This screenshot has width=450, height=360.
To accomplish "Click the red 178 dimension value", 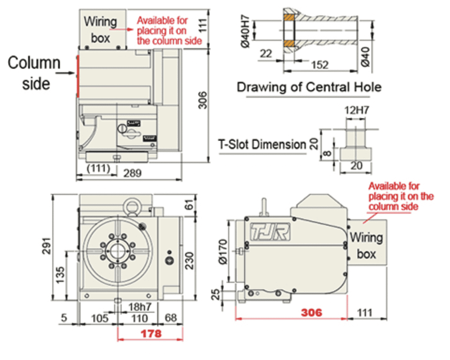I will [x=150, y=334].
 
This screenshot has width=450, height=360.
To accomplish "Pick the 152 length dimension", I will [x=319, y=65].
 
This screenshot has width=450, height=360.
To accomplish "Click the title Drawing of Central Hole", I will [x=309, y=86].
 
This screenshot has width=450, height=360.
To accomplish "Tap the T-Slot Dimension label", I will [x=262, y=144].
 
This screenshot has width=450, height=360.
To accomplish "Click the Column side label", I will [x=34, y=72].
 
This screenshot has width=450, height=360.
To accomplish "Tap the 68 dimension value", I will [x=171, y=318].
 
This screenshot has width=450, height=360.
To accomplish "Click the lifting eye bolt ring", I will [x=131, y=206].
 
